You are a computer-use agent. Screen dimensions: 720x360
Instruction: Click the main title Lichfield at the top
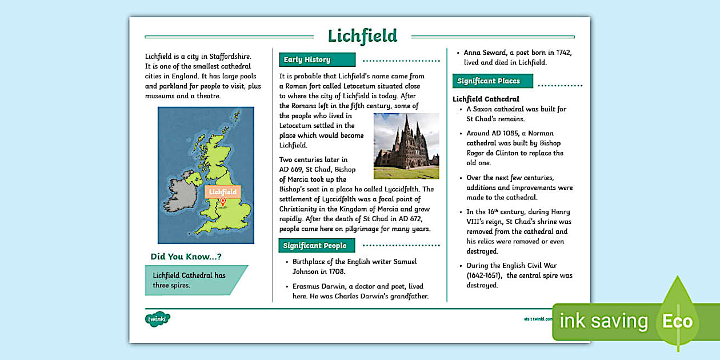362,35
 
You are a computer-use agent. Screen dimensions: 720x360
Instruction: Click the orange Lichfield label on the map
223,192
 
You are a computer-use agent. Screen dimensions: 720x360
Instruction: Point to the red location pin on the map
223,202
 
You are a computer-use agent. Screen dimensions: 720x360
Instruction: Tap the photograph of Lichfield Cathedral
406,146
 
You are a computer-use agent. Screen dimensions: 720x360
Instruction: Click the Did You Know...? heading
186,257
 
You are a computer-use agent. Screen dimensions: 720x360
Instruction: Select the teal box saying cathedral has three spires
194,280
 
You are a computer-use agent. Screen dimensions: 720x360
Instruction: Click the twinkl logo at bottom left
158,319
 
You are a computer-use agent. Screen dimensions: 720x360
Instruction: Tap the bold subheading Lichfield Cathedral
486,99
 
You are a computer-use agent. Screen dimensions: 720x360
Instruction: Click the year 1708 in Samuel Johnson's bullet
338,271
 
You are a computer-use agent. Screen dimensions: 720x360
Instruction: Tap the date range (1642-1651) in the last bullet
483,275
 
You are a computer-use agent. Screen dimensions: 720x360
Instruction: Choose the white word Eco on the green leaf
677,321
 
